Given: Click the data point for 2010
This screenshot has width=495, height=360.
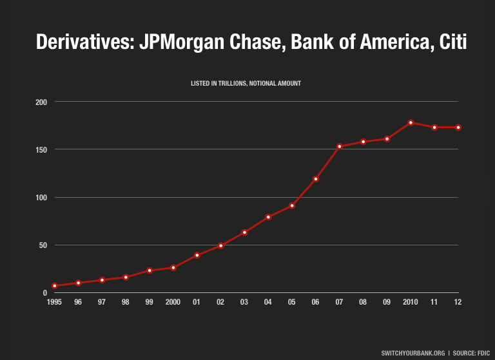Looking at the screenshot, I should coord(411,122).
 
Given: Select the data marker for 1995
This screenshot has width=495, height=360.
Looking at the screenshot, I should coord(55,285).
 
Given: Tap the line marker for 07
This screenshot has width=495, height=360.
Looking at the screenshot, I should coord(340,146).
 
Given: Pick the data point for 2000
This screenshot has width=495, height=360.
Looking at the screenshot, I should coord(173,267).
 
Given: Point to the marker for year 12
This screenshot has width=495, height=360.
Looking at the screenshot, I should coord(458,128).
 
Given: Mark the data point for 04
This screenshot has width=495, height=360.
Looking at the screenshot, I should coord(268,217).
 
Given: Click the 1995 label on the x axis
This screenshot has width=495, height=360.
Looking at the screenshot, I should coord(55,302).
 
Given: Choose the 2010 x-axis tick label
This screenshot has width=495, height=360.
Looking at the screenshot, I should coord(411,302).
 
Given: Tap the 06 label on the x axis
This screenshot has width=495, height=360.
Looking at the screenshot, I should coord(316,302).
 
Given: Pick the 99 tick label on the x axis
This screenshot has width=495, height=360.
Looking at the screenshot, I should coord(150,302).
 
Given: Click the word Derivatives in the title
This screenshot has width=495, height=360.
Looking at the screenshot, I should coord(83,43).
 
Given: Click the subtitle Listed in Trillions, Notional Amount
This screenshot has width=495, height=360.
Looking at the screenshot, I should coord(246,84).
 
